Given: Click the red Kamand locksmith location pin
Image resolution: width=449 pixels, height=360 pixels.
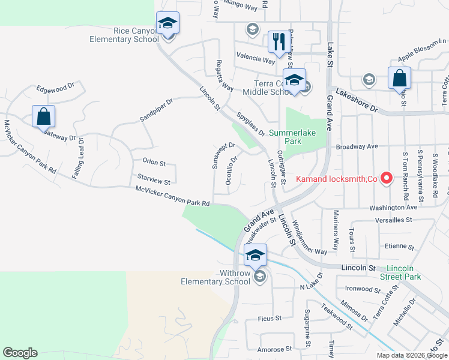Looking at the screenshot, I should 387,178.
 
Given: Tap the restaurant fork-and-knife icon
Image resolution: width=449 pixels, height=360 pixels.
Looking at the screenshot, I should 277,41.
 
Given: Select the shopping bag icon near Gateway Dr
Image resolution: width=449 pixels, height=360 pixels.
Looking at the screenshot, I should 44,116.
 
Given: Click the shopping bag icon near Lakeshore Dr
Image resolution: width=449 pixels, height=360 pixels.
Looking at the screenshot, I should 399,79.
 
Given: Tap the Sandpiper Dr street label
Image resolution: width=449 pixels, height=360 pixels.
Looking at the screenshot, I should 156,110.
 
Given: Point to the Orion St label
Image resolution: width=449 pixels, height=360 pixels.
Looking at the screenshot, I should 154,161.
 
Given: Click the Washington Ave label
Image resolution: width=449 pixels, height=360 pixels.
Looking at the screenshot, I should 393,207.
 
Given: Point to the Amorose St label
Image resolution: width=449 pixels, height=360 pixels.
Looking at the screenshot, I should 274,349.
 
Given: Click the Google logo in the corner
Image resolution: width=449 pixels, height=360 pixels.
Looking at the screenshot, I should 20,353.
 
